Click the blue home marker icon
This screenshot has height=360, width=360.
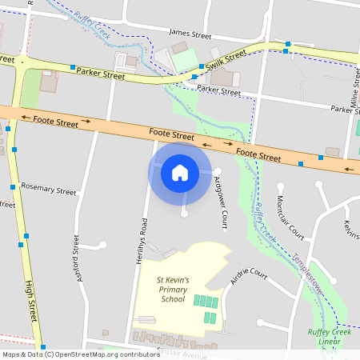tap(180, 172)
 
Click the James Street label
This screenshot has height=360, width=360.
tap(190, 35)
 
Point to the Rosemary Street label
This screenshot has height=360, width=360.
tap(50, 192)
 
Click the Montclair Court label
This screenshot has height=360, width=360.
tap(290, 218)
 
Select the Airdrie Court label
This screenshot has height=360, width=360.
tap(248, 276)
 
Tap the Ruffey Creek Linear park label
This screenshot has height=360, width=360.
tap(329, 337)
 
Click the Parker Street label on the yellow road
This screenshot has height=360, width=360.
tap(101, 74)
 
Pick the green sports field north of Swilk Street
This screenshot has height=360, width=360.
tap(184, 58)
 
